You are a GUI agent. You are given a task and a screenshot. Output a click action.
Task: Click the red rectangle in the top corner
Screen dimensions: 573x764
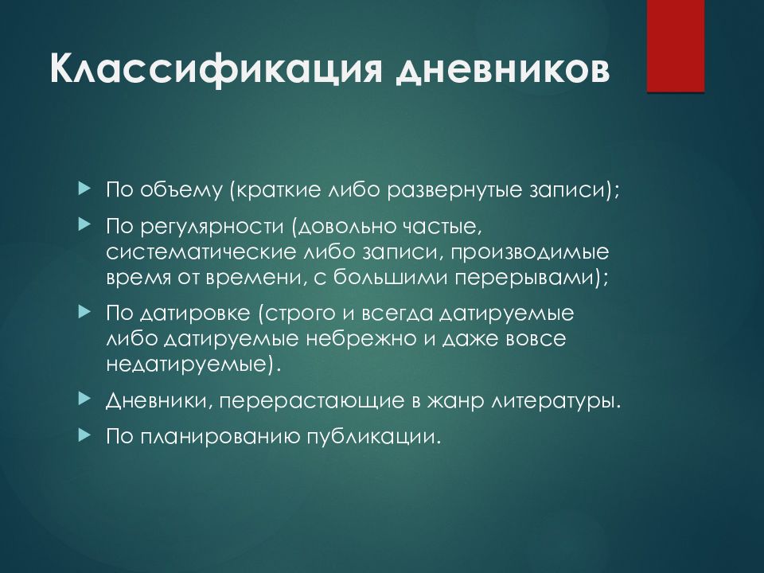pyautogui.click(x=675, y=46)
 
